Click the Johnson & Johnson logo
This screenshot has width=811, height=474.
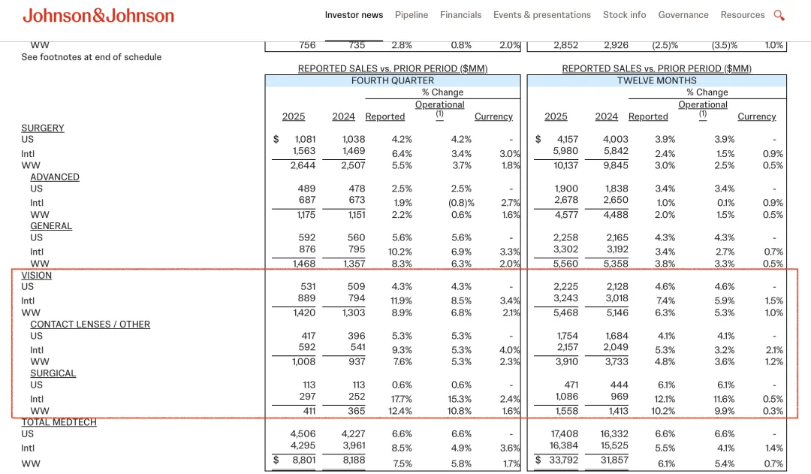(x=98, y=16)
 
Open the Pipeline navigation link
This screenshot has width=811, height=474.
(x=412, y=15)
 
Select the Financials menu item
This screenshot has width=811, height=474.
(x=461, y=15)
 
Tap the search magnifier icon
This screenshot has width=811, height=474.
(x=779, y=15)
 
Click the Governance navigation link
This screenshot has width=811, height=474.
(x=683, y=15)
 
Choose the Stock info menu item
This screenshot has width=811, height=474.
(x=624, y=15)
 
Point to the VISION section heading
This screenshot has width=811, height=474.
(x=37, y=276)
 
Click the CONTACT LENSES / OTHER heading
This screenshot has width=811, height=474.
(x=90, y=325)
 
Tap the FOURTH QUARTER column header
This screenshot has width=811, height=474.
(x=392, y=80)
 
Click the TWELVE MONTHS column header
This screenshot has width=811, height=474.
(x=656, y=80)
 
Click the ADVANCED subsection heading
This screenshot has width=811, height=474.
(x=55, y=177)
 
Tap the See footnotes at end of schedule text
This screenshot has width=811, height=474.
(x=92, y=57)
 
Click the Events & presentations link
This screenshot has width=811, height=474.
(x=542, y=15)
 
